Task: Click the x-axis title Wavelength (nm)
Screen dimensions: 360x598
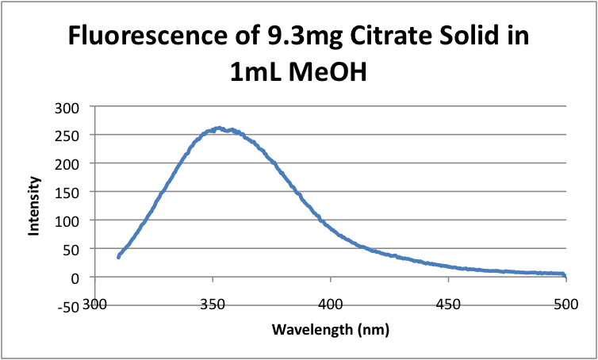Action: [x=330, y=327]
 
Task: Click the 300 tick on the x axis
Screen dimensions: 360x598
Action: [x=95, y=302]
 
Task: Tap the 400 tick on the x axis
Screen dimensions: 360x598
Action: [x=331, y=302]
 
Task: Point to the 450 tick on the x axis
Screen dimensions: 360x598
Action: [x=448, y=302]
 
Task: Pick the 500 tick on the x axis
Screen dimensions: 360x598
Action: [x=565, y=302]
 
